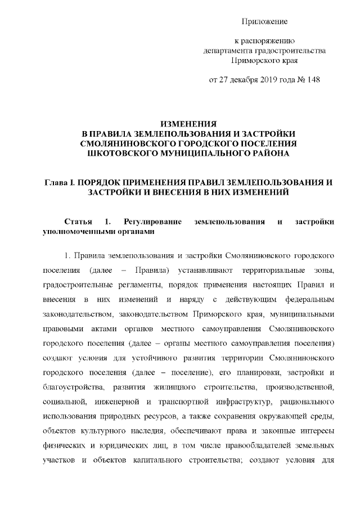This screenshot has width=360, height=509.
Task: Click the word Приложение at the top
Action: coord(264,21)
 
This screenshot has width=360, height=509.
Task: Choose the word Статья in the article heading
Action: coord(80,222)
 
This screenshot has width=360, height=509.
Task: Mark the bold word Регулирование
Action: coord(152,222)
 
